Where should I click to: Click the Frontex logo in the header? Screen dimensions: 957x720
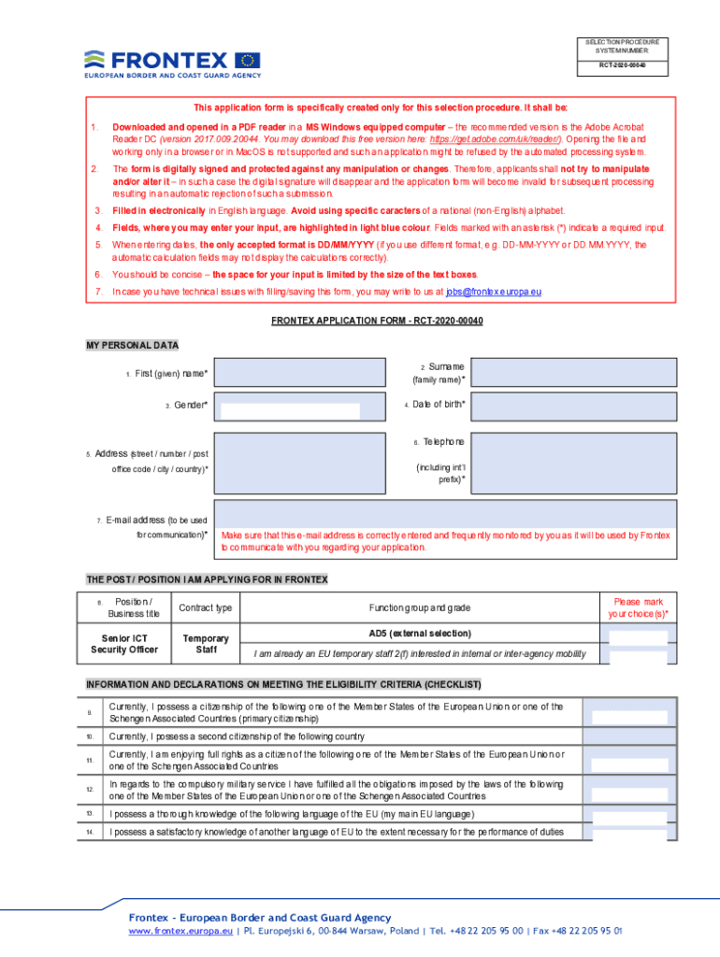tap(172, 63)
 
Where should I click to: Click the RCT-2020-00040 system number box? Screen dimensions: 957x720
tap(622, 66)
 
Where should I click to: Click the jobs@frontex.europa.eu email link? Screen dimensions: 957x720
tap(494, 292)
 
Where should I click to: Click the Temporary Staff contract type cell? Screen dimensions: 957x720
tap(205, 644)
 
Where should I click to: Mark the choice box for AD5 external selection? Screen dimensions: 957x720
tap(638, 636)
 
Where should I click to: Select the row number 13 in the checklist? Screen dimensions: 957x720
tap(90, 814)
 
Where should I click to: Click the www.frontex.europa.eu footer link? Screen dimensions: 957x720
tap(180, 932)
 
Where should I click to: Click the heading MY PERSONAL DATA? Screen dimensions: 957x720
tap(132, 346)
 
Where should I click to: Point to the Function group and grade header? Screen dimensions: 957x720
tap(419, 608)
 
